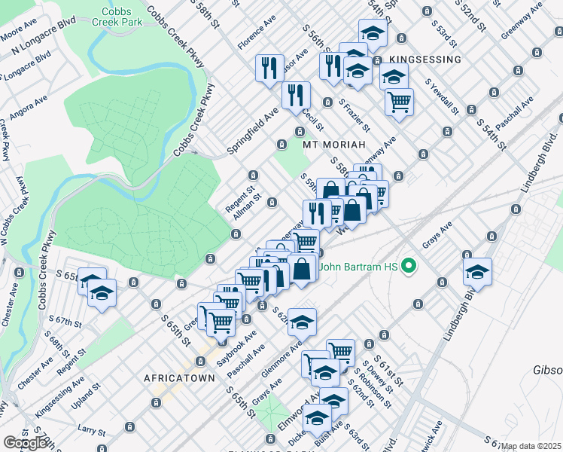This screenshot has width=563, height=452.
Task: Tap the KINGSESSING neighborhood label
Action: [425, 59]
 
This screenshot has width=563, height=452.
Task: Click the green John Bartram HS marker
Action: [409, 265]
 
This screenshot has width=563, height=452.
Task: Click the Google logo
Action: [25, 443]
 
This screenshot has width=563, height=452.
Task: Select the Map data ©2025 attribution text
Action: [531, 446]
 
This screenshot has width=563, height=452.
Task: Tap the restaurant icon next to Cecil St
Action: [296, 96]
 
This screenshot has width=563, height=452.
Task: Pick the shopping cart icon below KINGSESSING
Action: [399, 102]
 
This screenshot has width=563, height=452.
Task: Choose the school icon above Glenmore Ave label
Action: [302, 322]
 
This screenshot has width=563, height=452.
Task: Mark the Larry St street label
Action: [91, 431]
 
